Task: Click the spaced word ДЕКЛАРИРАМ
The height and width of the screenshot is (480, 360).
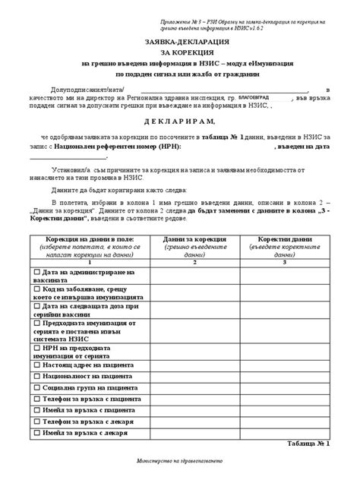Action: [180, 121]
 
